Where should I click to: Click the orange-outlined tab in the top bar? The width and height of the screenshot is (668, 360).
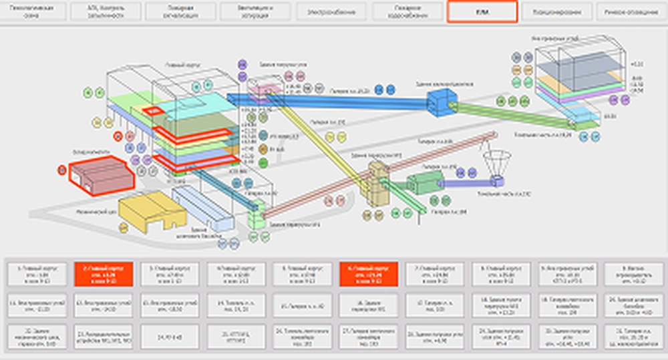482,12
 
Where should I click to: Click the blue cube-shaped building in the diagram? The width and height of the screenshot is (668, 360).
440,102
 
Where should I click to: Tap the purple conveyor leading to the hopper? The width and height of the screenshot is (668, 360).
464,182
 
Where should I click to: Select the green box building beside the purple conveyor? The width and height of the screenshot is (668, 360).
424,182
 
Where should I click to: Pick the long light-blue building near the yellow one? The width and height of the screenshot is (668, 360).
200,207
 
